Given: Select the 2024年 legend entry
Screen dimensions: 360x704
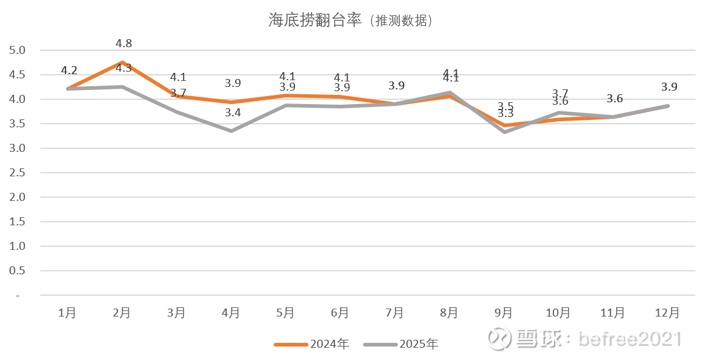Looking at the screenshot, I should click(312, 344).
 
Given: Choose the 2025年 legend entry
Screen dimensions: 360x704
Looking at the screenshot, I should click(401, 344).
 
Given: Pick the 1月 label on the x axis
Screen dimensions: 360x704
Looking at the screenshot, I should click(67, 313).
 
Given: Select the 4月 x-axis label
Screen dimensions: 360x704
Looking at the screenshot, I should click(231, 313).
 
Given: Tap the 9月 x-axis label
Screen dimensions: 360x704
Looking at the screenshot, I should click(504, 313).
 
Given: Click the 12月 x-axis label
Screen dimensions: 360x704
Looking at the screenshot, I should click(667, 313).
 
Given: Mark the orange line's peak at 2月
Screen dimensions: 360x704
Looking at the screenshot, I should click(122, 62).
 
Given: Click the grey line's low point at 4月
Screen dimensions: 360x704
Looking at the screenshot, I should click(231, 130).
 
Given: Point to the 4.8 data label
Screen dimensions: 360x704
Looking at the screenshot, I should click(124, 43).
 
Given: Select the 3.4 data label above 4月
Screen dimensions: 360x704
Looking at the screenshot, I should click(233, 112).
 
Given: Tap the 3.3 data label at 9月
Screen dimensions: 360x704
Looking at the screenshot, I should click(505, 114).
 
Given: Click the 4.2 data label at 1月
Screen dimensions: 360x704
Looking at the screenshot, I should click(69, 70).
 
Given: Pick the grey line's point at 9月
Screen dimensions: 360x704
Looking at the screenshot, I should click(504, 132).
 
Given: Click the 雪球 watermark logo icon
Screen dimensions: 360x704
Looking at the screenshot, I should click(501, 338).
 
